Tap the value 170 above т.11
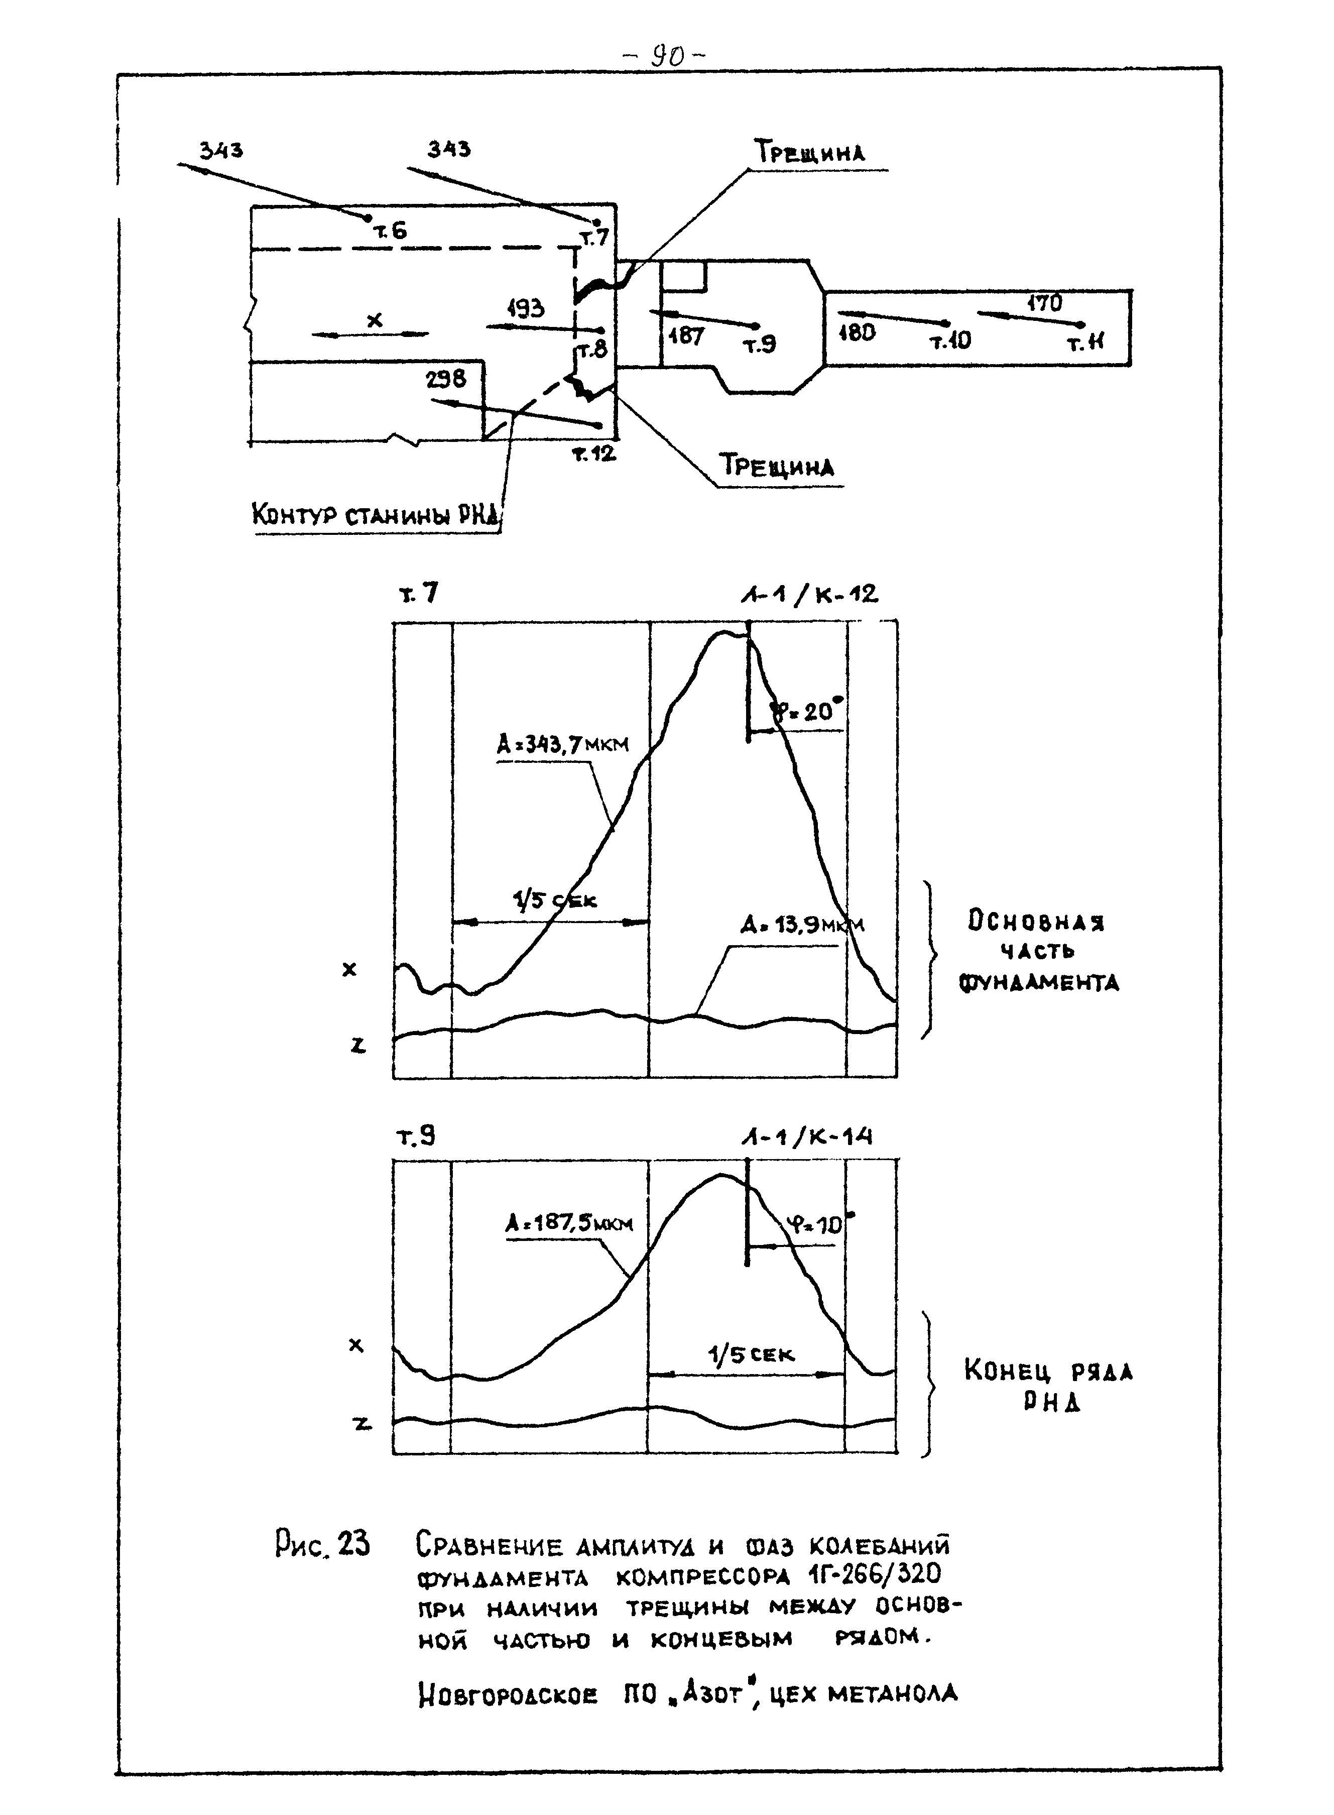coord(1044,304)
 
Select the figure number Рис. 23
coord(322,1544)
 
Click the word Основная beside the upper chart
coord(1036,922)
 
